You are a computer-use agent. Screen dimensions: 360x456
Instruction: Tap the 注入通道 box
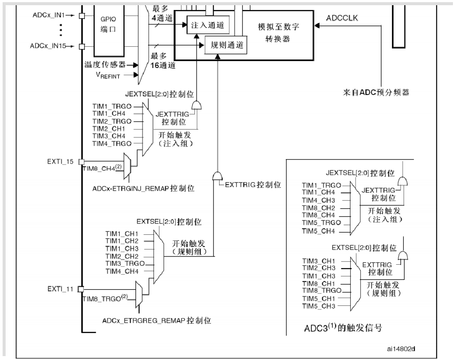(207, 26)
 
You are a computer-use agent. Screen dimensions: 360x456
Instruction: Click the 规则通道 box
(226, 45)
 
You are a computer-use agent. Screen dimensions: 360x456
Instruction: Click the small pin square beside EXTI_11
(81, 288)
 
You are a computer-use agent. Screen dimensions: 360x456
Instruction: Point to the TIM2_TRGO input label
(112, 121)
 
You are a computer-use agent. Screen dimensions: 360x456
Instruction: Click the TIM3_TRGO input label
(125, 263)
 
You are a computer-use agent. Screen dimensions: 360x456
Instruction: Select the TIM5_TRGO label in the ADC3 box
(321, 223)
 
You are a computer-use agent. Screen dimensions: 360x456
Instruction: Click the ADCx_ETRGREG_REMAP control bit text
(157, 321)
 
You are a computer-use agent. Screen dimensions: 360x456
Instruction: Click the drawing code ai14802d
(403, 348)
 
